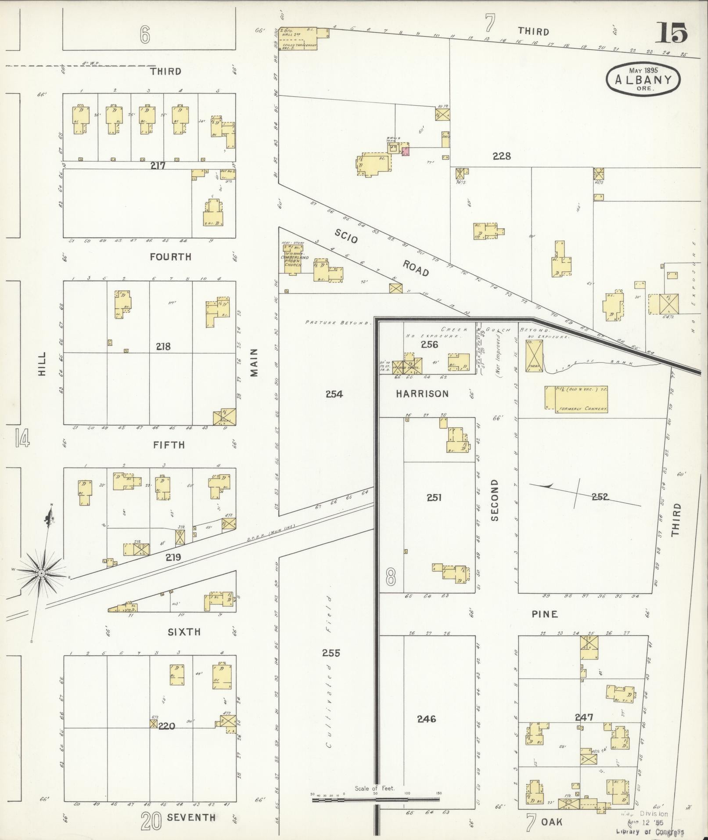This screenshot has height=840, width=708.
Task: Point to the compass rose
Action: point(41,573)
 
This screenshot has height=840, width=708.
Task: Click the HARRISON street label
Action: point(422,393)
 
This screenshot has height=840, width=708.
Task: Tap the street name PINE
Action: point(545,614)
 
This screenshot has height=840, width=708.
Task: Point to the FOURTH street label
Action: point(170,257)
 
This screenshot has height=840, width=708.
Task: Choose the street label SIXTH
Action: point(184,632)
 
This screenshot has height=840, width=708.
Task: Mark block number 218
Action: point(163,346)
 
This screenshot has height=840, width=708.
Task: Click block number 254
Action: point(334,394)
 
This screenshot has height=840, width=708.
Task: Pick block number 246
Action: point(426,719)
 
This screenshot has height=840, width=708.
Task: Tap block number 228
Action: point(502,155)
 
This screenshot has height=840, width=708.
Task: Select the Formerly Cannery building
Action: point(576,399)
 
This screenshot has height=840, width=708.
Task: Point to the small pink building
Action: point(406,152)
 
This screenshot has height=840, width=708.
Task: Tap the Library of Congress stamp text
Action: point(650,832)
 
